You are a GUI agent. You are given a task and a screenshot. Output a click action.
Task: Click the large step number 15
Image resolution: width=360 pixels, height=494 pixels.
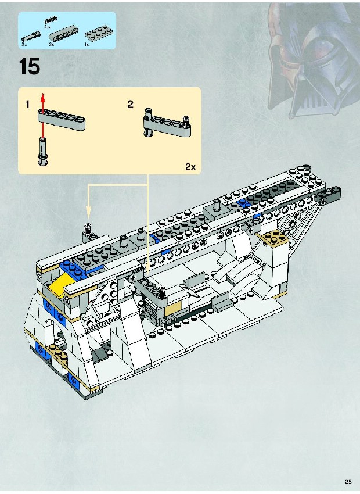click(30, 66)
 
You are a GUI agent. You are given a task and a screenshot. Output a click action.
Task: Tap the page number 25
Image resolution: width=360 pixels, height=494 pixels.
click(348, 482)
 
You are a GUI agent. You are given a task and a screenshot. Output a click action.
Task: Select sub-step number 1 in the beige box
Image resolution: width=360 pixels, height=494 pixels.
click(28, 104)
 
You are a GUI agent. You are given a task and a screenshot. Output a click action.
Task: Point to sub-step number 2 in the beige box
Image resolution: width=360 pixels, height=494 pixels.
click(130, 104)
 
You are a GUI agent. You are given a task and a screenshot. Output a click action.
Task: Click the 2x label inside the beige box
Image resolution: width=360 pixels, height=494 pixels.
click(190, 167)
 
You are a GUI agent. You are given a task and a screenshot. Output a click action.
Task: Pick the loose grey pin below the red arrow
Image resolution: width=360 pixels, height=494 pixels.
click(43, 151)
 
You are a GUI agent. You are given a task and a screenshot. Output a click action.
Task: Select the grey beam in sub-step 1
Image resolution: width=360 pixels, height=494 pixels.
click(62, 119)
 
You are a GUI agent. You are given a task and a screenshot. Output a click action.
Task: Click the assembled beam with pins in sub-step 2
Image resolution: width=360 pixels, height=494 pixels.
click(167, 123)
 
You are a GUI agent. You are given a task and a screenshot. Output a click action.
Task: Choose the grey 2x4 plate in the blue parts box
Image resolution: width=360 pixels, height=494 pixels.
click(97, 35)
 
